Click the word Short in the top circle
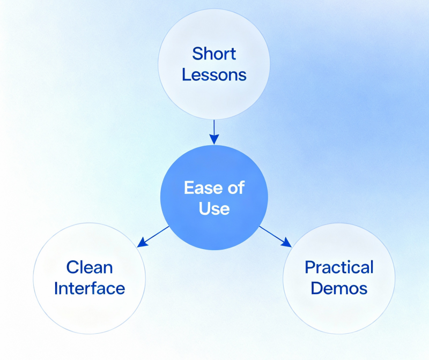click(214, 54)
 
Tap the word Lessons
click(214, 74)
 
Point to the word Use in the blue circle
click(214, 208)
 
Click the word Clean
click(90, 267)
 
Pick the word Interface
click(90, 288)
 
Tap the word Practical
click(339, 267)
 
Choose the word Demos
click(339, 288)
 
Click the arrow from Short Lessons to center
click(214, 130)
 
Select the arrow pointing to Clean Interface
click(154, 236)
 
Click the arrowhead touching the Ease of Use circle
click(214, 140)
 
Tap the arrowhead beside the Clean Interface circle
click(142, 244)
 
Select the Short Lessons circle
click(214, 32)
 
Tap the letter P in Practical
click(309, 267)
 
